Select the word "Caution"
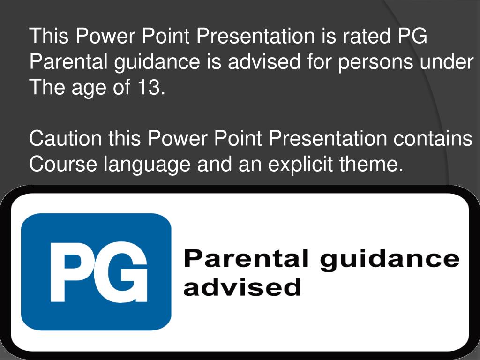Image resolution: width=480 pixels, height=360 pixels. point(65,138)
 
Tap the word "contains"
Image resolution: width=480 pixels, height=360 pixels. point(432,138)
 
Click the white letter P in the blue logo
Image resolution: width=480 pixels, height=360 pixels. point(70,272)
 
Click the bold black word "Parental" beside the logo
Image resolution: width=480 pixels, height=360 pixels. point(247,259)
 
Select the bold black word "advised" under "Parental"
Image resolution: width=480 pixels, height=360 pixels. point(242,286)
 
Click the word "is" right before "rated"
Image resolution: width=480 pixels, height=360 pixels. point(328,36)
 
